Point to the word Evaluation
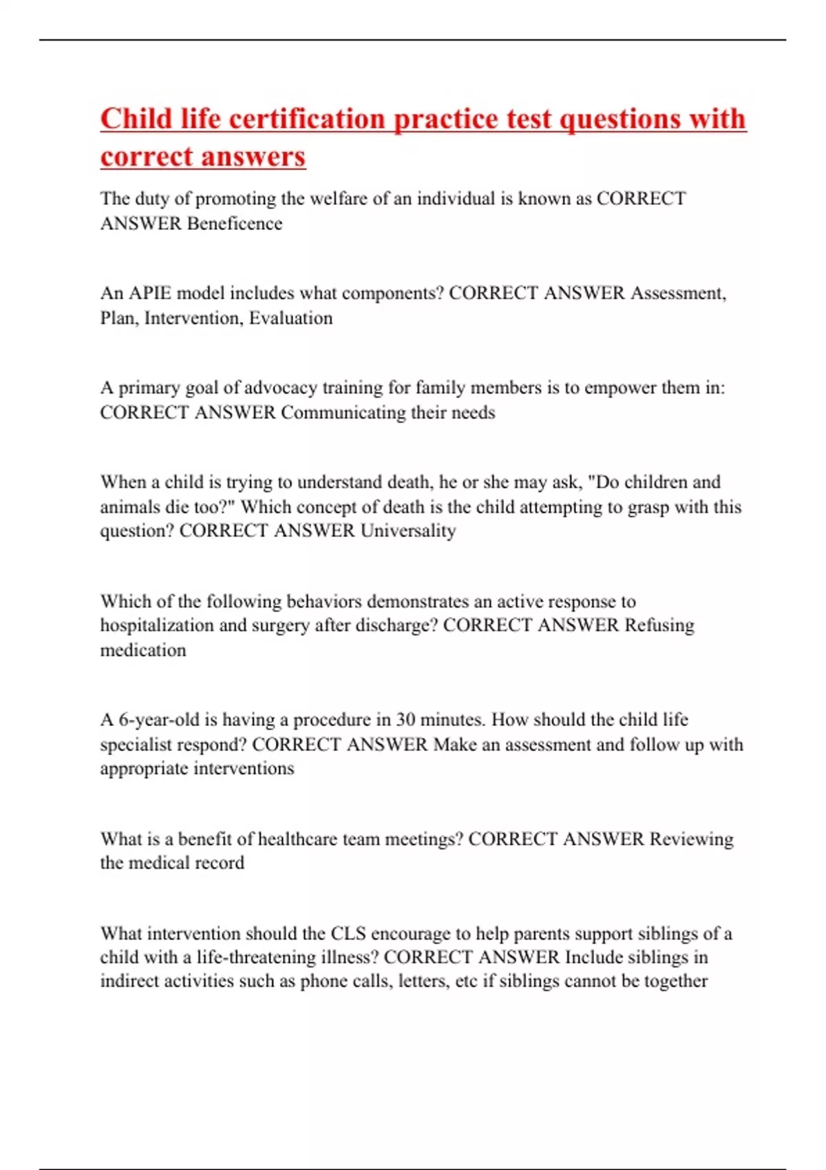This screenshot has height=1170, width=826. point(290,318)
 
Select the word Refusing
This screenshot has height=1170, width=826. point(659,625)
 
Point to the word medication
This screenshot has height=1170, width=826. point(143,650)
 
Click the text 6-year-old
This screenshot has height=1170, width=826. point(159,720)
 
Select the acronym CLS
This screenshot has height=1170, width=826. point(348,934)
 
